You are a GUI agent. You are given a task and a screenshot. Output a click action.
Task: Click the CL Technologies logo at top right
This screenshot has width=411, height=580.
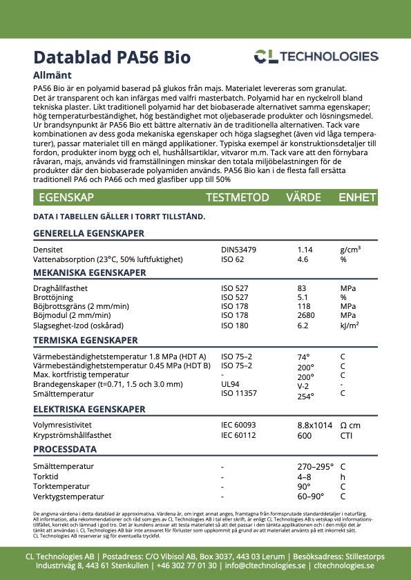(x=316, y=57)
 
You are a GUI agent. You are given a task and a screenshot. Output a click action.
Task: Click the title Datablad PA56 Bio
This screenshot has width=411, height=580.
(x=112, y=57)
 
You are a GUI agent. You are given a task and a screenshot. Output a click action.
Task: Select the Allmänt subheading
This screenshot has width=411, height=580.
(x=53, y=75)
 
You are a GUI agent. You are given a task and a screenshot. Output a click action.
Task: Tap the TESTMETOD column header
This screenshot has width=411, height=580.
(x=237, y=197)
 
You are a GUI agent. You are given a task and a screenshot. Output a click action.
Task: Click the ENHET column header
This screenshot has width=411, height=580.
(x=356, y=197)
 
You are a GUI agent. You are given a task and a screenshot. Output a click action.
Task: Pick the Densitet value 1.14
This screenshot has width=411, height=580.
(x=305, y=249)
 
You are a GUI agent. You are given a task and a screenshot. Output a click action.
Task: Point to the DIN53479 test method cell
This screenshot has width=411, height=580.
(x=239, y=249)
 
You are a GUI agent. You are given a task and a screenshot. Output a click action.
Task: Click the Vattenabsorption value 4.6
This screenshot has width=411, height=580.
(x=303, y=259)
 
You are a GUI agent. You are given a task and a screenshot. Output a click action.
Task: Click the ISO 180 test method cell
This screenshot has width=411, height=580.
(x=234, y=326)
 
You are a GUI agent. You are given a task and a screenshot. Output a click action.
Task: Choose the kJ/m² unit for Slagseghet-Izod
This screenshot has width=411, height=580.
(x=350, y=326)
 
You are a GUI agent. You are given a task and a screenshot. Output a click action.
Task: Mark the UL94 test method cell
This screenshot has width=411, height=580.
(x=230, y=384)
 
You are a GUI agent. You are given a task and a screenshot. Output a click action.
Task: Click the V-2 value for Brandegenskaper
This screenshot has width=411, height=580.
(x=303, y=386)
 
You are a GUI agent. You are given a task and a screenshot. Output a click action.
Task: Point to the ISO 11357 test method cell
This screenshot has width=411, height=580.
(x=239, y=393)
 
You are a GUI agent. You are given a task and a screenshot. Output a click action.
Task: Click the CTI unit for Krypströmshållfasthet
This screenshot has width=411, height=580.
(x=347, y=436)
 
